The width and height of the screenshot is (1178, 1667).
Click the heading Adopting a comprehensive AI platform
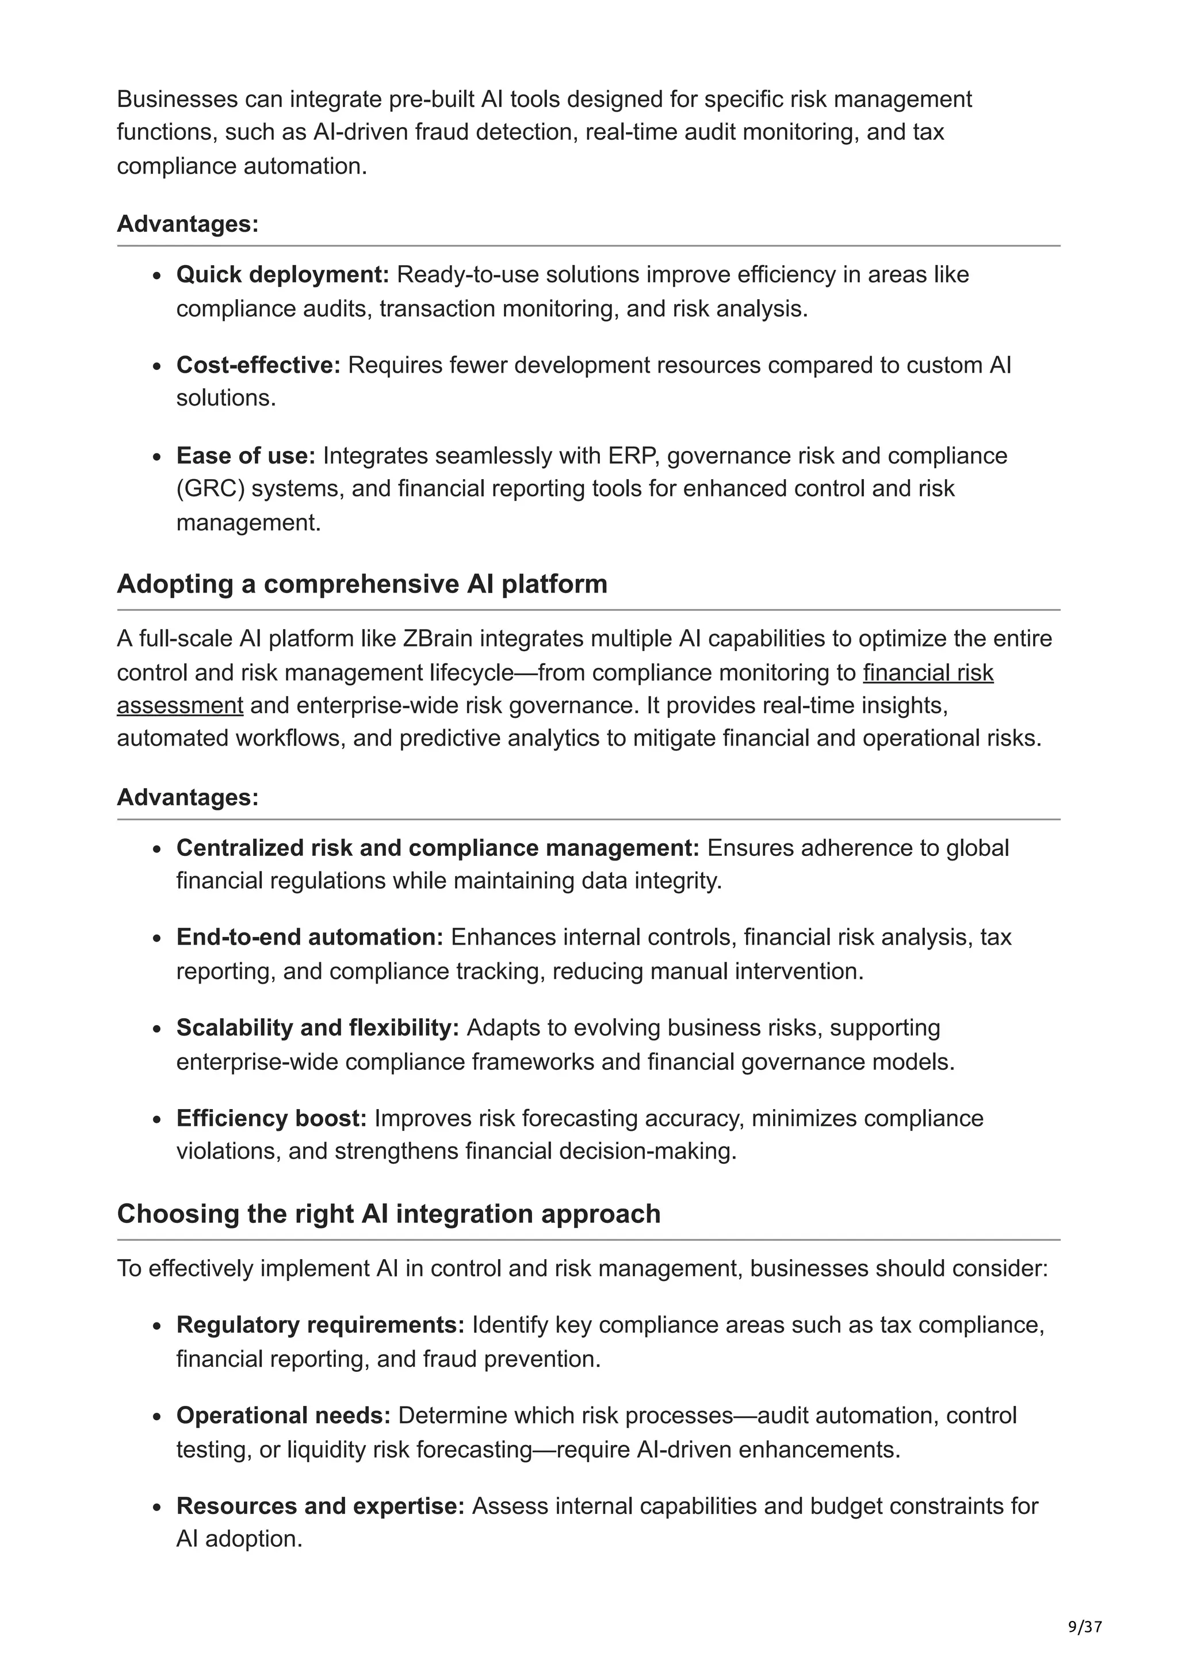[x=361, y=584]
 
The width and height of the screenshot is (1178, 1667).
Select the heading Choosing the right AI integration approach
[x=388, y=1214]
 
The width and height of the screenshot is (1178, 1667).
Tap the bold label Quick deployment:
[x=282, y=274]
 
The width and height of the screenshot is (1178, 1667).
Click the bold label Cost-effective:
[x=258, y=365]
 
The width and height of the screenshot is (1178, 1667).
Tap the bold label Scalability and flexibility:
[x=317, y=1028]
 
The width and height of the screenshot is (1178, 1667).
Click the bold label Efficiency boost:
[x=271, y=1118]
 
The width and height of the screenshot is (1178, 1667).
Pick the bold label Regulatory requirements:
[x=320, y=1325]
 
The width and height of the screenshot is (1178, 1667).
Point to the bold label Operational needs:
[x=283, y=1415]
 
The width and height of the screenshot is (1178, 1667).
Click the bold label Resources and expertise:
[x=320, y=1506]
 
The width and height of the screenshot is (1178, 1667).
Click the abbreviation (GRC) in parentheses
[x=209, y=488]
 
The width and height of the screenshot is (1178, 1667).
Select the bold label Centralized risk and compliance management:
[x=438, y=847]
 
